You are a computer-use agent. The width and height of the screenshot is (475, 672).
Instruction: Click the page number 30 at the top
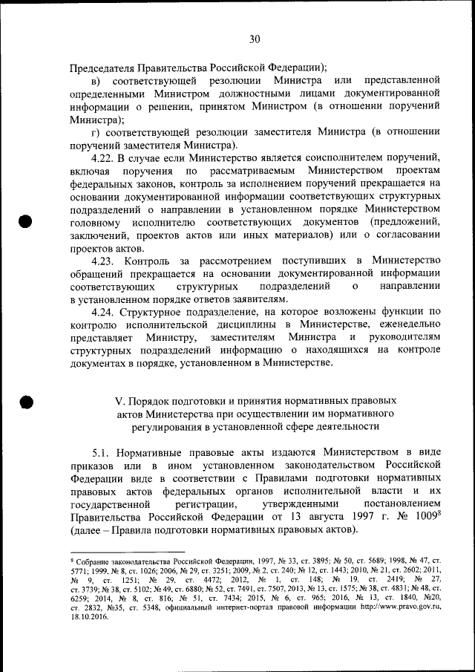pyautogui.click(x=255, y=39)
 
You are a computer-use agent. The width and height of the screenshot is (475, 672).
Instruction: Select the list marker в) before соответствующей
pyautogui.click(x=96, y=80)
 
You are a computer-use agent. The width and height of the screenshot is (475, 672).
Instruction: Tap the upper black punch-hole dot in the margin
pyautogui.click(x=26, y=221)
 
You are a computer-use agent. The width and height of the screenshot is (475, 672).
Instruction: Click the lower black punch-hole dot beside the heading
pyautogui.click(x=26, y=401)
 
